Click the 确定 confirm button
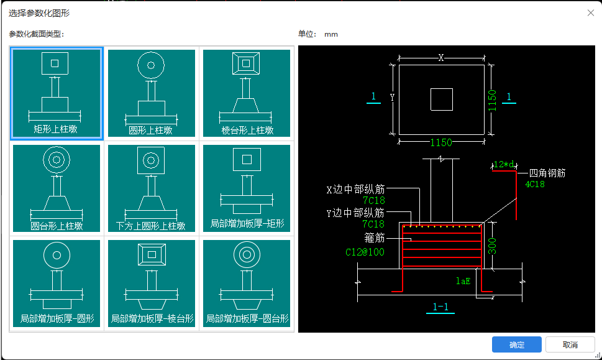pyautogui.click(x=516, y=345)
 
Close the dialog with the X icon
pyautogui.click(x=590, y=13)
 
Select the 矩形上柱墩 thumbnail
pyautogui.click(x=57, y=93)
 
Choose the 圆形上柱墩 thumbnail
pyautogui.click(x=151, y=93)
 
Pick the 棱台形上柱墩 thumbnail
pyautogui.click(x=247, y=93)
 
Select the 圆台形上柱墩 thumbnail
pyautogui.click(x=57, y=188)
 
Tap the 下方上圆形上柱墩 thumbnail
pyautogui.click(x=151, y=188)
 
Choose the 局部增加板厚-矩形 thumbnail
pyautogui.click(x=247, y=188)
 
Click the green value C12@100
pyautogui.click(x=365, y=252)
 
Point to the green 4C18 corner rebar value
pyautogui.click(x=535, y=184)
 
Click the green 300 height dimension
pyautogui.click(x=491, y=246)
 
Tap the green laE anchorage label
pyautogui.click(x=462, y=281)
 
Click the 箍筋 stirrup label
pyautogui.click(x=375, y=238)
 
